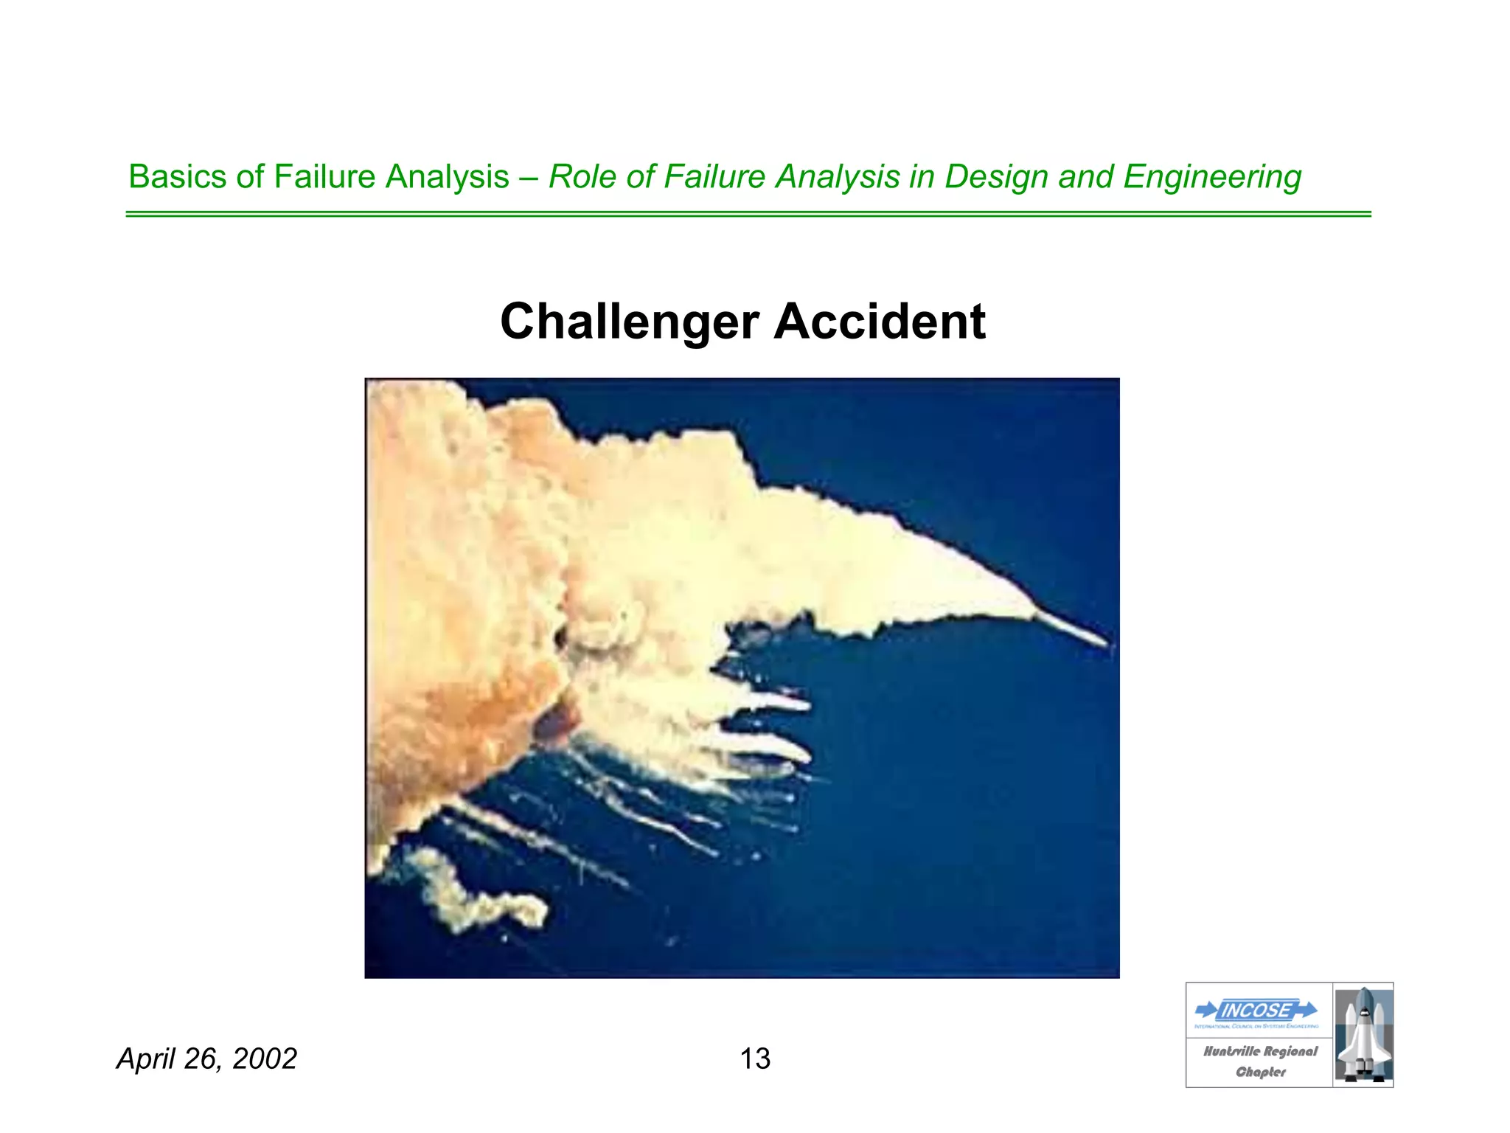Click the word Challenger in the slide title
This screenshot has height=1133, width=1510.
(x=629, y=322)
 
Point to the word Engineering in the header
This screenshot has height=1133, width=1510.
(x=1212, y=177)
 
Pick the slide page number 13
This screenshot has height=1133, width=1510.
(x=755, y=1059)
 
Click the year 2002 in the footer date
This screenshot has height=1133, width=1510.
(x=264, y=1059)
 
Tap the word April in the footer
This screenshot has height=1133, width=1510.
(x=145, y=1059)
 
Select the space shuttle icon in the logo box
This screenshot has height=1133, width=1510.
(x=1363, y=1034)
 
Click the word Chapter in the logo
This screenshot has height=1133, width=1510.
(x=1261, y=1073)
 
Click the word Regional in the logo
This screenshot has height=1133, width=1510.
(x=1290, y=1052)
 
